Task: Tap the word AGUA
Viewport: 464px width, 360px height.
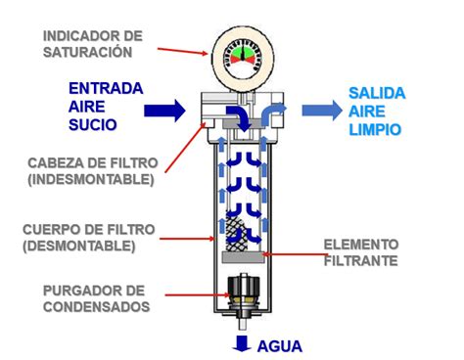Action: coord(280,345)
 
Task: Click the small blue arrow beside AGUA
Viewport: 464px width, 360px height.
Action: coord(240,343)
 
